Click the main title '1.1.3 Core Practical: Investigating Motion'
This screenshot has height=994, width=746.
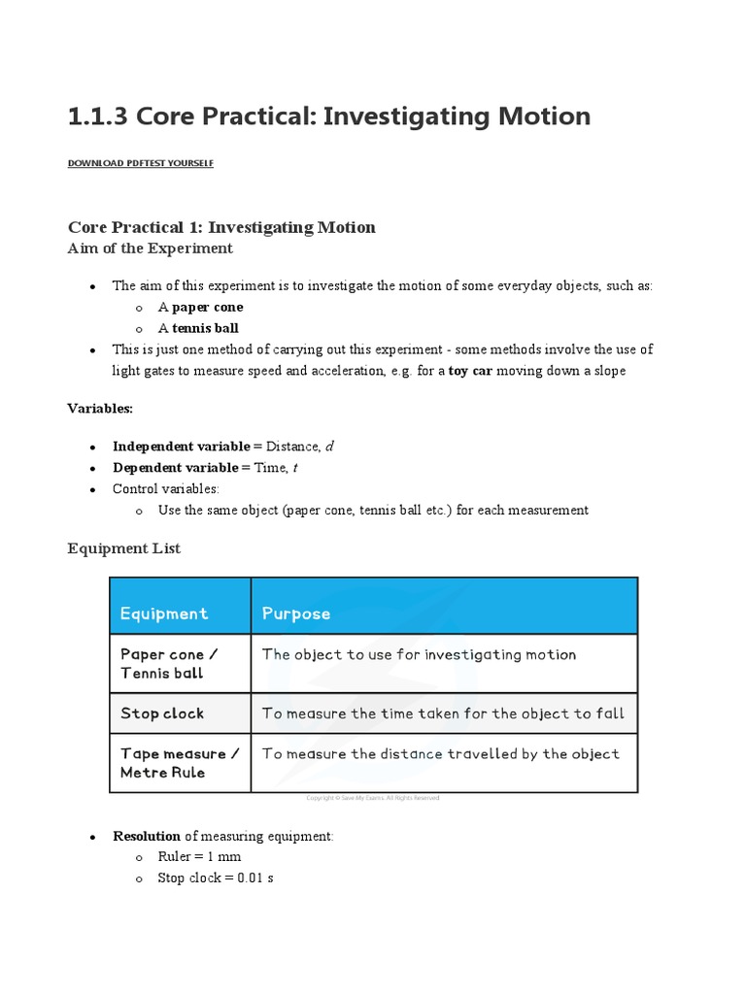[x=328, y=116]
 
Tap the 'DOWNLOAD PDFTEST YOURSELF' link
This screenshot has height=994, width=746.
[x=140, y=163]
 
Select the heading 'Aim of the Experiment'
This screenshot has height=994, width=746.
[x=150, y=248]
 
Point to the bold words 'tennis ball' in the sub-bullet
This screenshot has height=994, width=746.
[x=205, y=328]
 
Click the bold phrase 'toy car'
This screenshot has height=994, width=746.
[x=470, y=371]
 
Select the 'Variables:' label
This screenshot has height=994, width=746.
[x=100, y=408]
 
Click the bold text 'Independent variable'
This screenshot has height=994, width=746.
[x=181, y=447]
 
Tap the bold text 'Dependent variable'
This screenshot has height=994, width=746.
[x=175, y=468]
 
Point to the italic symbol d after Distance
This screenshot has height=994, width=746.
[x=329, y=447]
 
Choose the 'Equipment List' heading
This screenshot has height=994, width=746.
[x=123, y=548]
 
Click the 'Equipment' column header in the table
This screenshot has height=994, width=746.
[x=163, y=613]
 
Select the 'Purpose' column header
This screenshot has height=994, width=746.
[x=296, y=613]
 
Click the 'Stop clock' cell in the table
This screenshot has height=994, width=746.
[x=162, y=713]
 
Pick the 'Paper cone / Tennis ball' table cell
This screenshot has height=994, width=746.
[x=168, y=664]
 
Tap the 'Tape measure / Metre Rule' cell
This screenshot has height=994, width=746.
[x=173, y=763]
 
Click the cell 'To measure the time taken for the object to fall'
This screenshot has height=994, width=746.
[x=443, y=713]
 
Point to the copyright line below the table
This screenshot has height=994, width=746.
[x=373, y=798]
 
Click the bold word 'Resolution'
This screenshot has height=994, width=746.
[x=147, y=836]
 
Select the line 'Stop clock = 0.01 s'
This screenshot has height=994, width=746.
[x=216, y=878]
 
